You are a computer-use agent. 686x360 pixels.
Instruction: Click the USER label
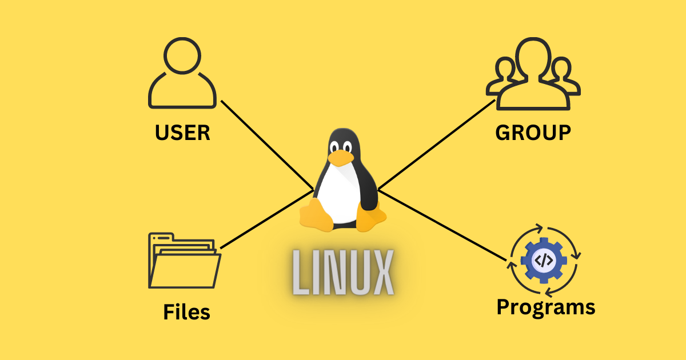(x=182, y=133)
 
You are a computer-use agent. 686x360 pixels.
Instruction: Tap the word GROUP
(x=533, y=133)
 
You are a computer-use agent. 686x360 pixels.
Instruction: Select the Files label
(x=186, y=312)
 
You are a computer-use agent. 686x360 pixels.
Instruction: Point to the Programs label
(x=545, y=307)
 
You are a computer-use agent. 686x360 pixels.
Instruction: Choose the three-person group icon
(x=533, y=74)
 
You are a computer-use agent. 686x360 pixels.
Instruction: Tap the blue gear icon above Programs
(x=544, y=260)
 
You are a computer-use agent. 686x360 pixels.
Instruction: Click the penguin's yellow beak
(x=341, y=158)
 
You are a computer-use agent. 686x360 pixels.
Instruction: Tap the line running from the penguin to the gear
(x=443, y=227)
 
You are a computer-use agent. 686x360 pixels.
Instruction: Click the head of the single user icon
(x=182, y=55)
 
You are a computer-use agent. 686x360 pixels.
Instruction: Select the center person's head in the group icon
(x=533, y=57)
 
